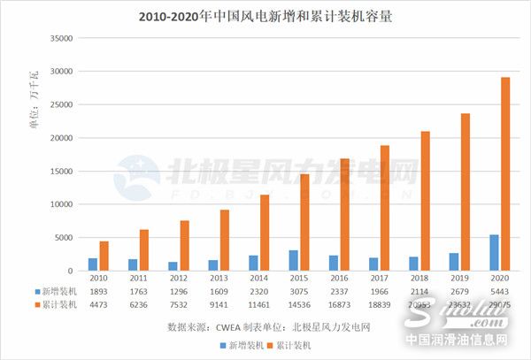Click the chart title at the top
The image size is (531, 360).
click(265, 16)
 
